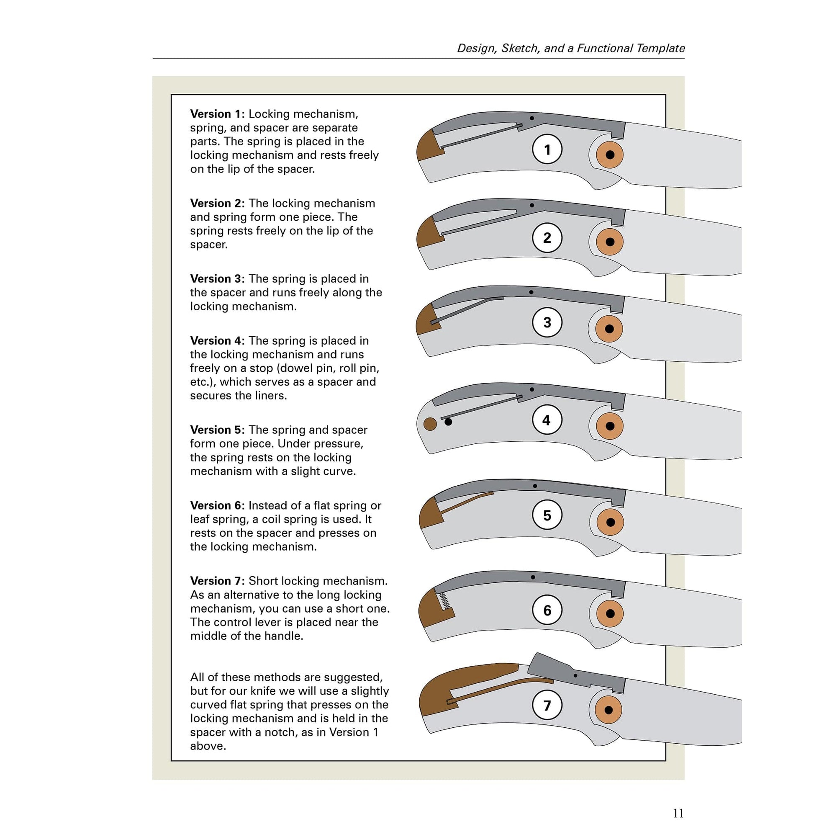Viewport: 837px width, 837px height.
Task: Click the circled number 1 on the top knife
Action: tap(547, 149)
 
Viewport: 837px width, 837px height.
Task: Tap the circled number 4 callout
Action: tap(547, 420)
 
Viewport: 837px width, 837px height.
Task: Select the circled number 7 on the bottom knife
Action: tap(547, 705)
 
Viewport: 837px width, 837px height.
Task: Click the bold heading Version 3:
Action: tap(217, 279)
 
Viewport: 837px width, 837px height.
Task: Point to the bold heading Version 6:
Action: tap(217, 505)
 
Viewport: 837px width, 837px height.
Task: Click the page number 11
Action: tap(678, 813)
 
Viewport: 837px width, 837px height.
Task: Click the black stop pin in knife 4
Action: tap(448, 422)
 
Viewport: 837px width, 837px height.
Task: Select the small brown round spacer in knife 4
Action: tap(430, 424)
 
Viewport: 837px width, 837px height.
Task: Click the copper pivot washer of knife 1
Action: tap(610, 155)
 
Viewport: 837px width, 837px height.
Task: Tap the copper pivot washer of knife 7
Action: tap(608, 710)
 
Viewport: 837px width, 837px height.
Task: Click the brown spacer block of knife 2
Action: tap(429, 234)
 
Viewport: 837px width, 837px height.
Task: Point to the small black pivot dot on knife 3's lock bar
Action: tap(531, 292)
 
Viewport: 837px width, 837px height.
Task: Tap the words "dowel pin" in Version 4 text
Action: tap(307, 368)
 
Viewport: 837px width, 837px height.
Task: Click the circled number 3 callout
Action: tap(547, 322)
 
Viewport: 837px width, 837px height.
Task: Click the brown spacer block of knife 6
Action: tap(433, 611)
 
